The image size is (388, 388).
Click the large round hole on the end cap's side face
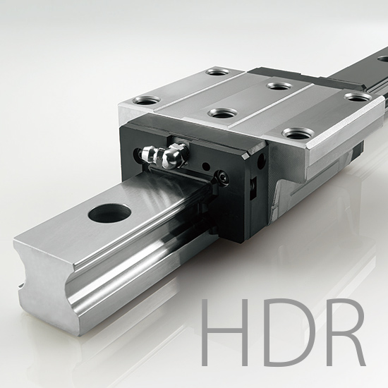tap(260, 162)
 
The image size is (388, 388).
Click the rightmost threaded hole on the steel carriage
tap(358, 96)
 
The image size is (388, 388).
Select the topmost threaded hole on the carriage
tap(215, 72)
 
